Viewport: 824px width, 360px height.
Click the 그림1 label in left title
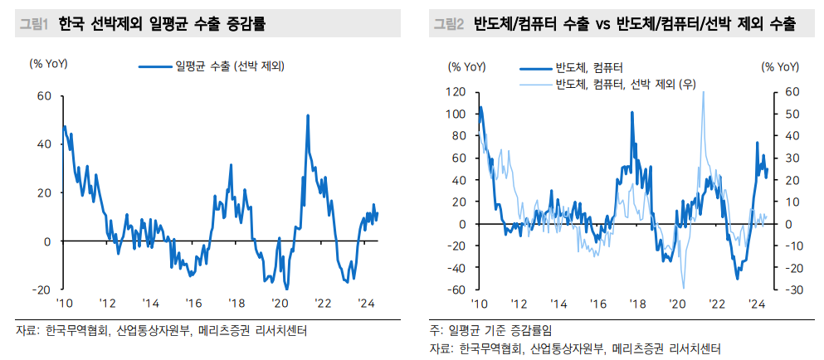(35, 24)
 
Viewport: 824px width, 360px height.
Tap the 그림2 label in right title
(449, 24)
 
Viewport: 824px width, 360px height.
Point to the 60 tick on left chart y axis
(44, 95)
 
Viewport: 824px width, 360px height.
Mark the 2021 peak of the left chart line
(308, 115)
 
